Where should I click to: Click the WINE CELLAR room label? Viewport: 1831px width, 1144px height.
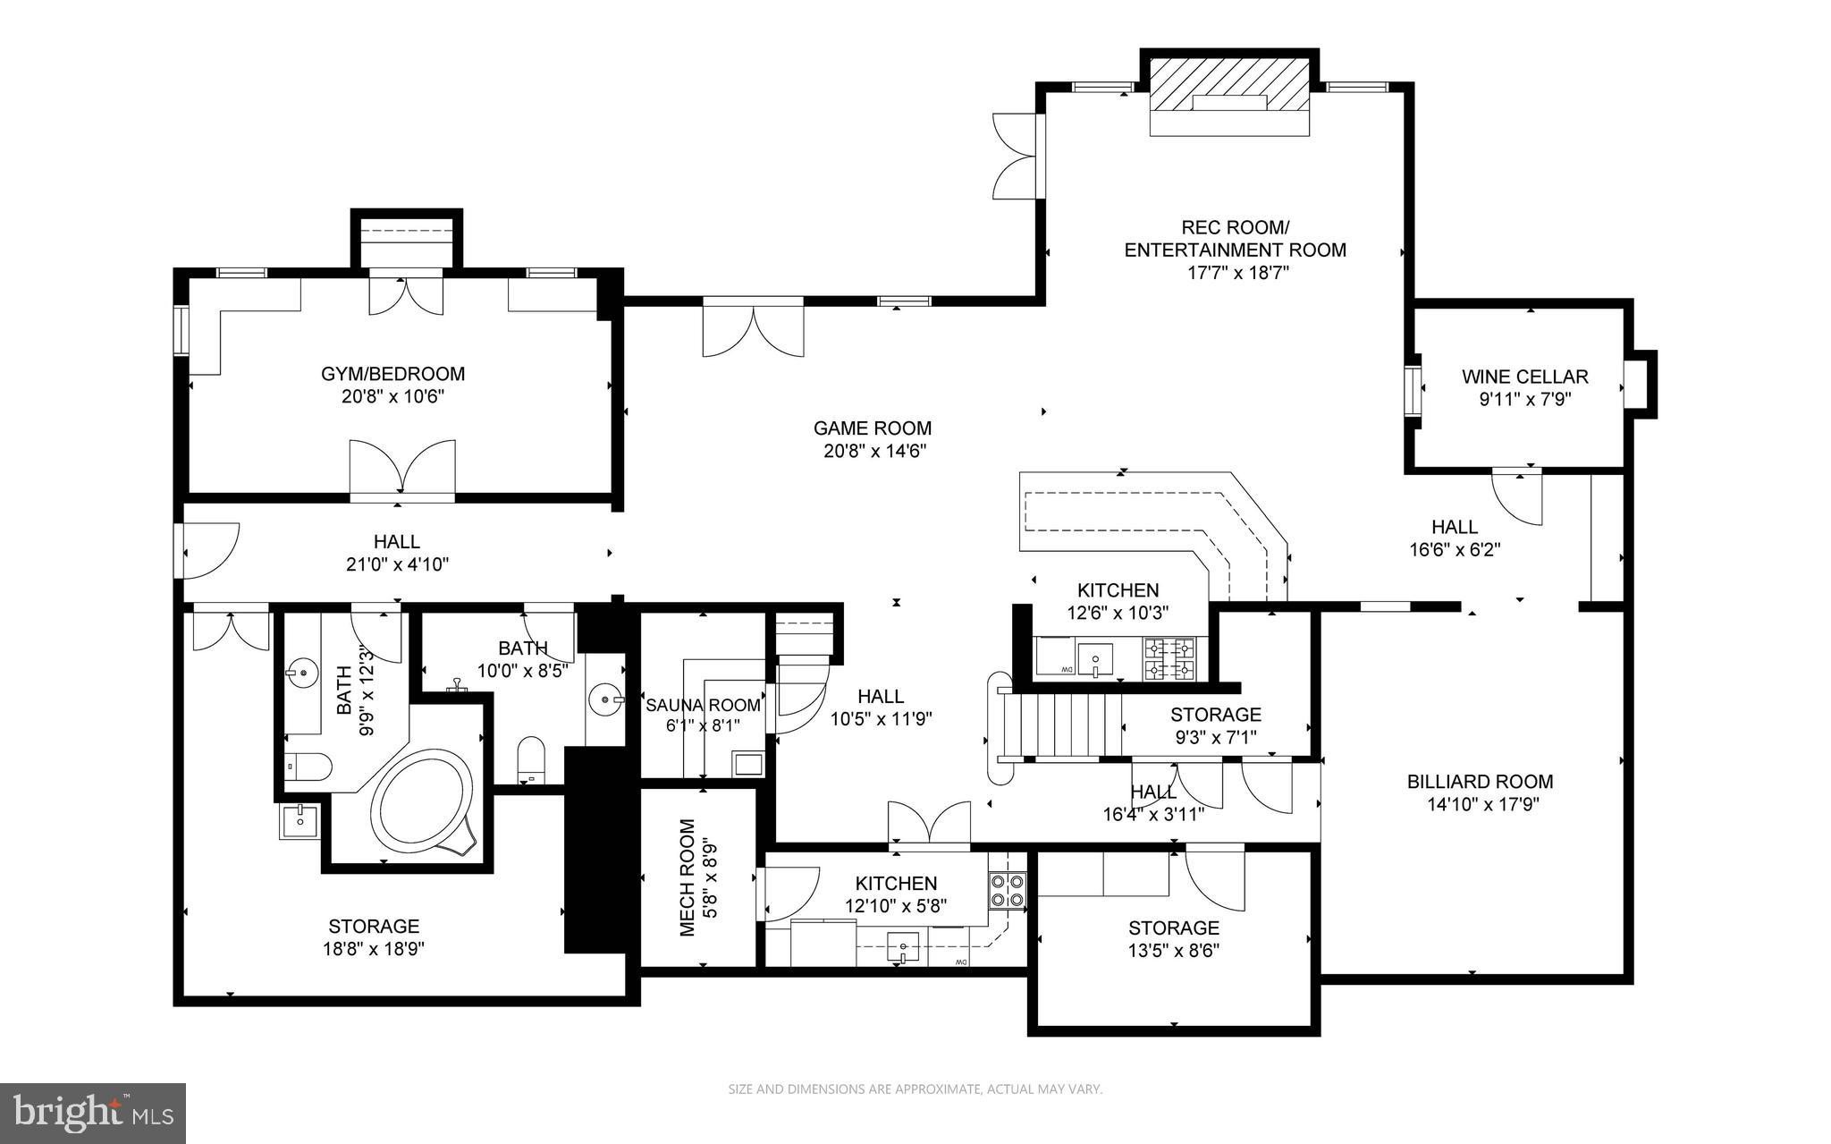coord(1524,377)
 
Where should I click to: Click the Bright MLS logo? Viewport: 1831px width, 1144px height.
coord(93,1113)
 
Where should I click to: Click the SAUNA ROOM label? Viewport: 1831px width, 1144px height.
coord(703,705)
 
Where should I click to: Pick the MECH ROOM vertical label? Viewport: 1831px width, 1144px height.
coord(687,877)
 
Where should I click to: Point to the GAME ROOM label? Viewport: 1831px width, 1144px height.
coord(872,428)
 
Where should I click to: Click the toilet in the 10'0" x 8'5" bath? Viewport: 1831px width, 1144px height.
coord(531,758)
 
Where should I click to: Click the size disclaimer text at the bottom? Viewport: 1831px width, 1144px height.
coord(915,1089)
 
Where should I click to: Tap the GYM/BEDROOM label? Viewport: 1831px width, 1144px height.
coord(393,374)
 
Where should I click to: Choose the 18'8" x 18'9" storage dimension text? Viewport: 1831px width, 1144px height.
coord(374,949)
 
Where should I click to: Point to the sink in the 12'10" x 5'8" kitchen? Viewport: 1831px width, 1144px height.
coord(903,946)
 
